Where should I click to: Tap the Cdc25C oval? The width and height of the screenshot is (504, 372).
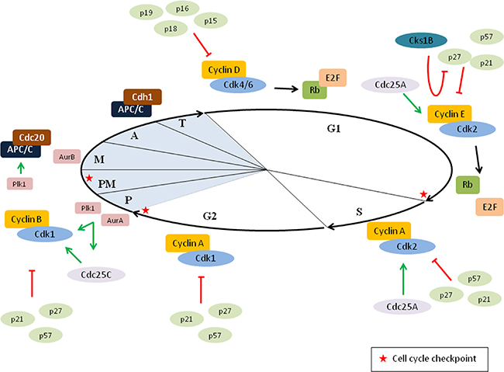[x=95, y=274]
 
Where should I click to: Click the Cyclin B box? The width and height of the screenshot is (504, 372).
[x=27, y=219]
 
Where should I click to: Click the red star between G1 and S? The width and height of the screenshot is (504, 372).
[x=423, y=193]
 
